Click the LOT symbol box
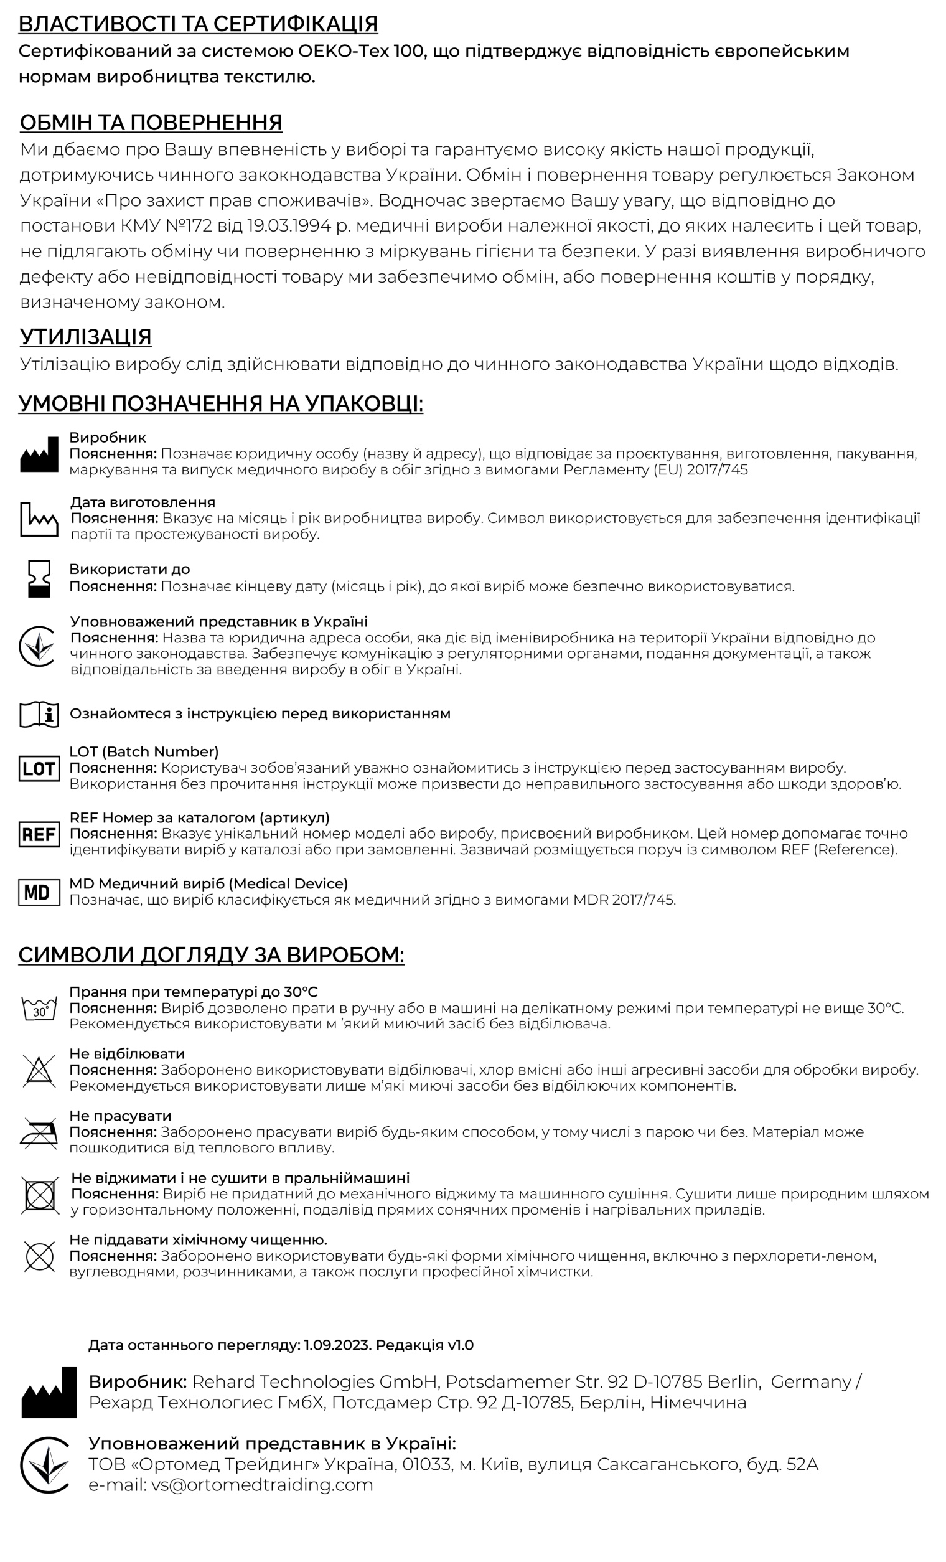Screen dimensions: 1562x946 (39, 768)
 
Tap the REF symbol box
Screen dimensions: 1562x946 (39, 834)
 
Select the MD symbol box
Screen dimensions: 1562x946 (39, 892)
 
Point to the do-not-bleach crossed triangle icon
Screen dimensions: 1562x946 (39, 1071)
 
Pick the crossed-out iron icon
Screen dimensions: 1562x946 (39, 1132)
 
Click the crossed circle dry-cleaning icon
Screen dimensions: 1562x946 (39, 1256)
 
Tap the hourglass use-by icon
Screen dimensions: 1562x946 (39, 578)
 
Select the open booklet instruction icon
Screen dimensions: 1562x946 (39, 715)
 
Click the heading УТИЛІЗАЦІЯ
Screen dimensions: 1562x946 (85, 337)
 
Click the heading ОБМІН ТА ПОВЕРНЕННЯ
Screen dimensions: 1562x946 (151, 123)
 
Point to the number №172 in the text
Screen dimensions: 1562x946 (190, 226)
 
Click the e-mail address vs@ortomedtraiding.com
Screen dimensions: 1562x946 (261, 1485)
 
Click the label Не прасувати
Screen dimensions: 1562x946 (120, 1116)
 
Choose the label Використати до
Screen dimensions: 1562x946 (129, 569)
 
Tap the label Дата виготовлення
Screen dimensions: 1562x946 (143, 502)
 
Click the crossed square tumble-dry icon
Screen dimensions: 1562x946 (39, 1195)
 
